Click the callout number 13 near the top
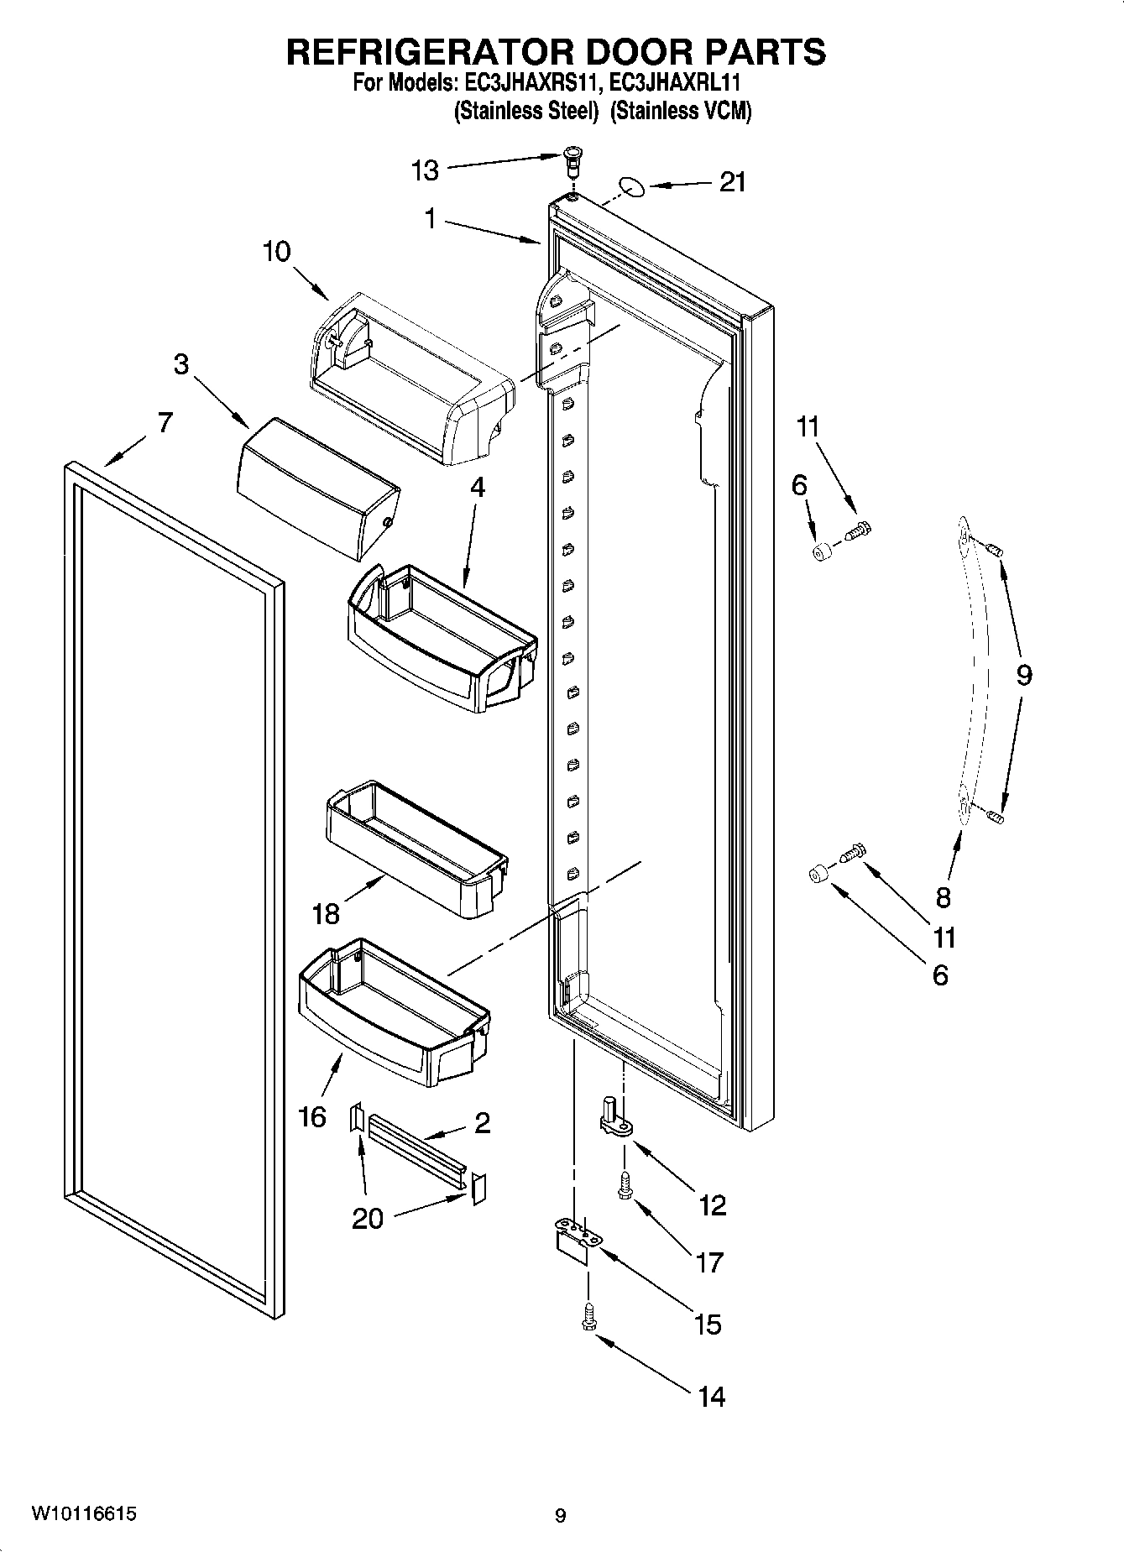425,170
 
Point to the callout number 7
165,421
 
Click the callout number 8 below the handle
943,896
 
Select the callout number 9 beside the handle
1023,674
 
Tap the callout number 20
367,1218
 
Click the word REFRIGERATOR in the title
433,52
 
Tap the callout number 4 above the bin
477,487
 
